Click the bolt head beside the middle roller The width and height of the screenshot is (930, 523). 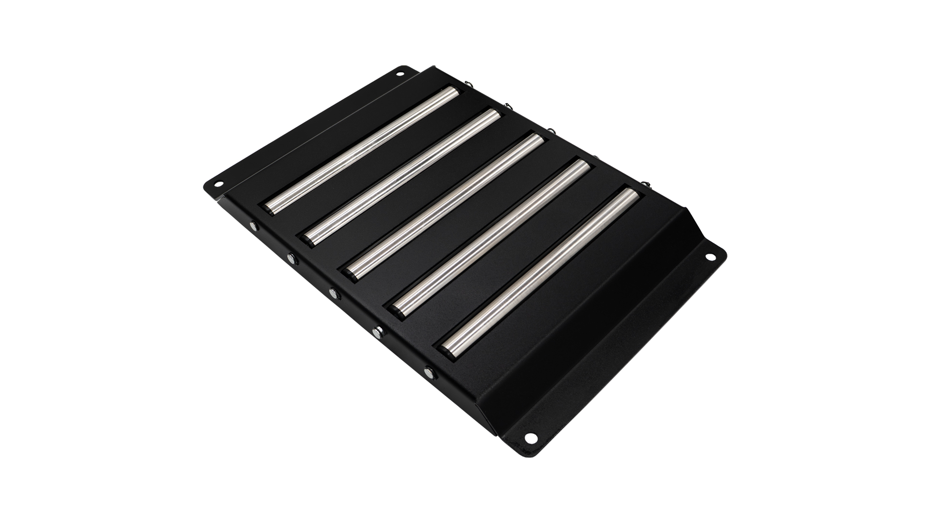tap(334, 292)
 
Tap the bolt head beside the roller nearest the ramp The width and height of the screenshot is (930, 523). tap(429, 372)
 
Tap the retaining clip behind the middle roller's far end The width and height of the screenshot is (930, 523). tap(550, 131)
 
